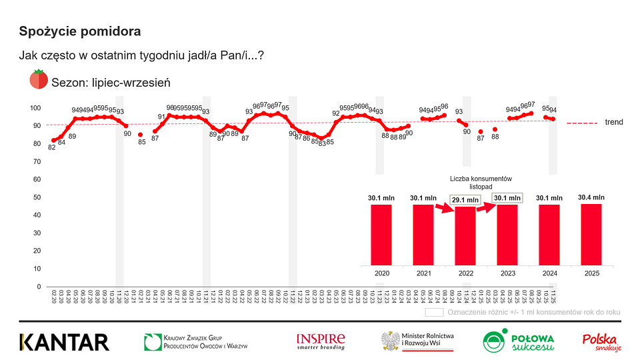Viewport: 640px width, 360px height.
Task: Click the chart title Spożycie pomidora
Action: [x=80, y=31]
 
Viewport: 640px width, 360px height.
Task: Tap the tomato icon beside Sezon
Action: [x=38, y=80]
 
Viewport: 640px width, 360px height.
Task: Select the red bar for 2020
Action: [x=381, y=234]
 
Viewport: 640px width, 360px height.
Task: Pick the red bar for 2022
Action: [x=465, y=235]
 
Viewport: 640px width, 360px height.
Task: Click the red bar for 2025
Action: [x=592, y=234]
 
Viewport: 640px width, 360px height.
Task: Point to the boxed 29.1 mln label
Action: [x=465, y=199]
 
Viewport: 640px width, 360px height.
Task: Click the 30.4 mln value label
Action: [x=592, y=197]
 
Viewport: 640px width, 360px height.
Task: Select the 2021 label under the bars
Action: [x=423, y=274]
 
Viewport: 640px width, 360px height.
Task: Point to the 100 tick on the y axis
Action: [x=36, y=108]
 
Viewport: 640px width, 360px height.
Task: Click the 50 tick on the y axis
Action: [x=38, y=197]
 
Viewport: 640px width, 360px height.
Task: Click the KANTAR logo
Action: [x=64, y=342]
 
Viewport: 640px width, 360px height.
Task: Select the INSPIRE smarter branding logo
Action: [x=321, y=341]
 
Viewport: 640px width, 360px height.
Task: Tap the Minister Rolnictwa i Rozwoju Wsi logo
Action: [x=417, y=341]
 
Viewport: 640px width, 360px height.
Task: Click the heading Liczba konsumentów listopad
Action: [x=480, y=182]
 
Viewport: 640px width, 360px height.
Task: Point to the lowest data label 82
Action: [x=52, y=147]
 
